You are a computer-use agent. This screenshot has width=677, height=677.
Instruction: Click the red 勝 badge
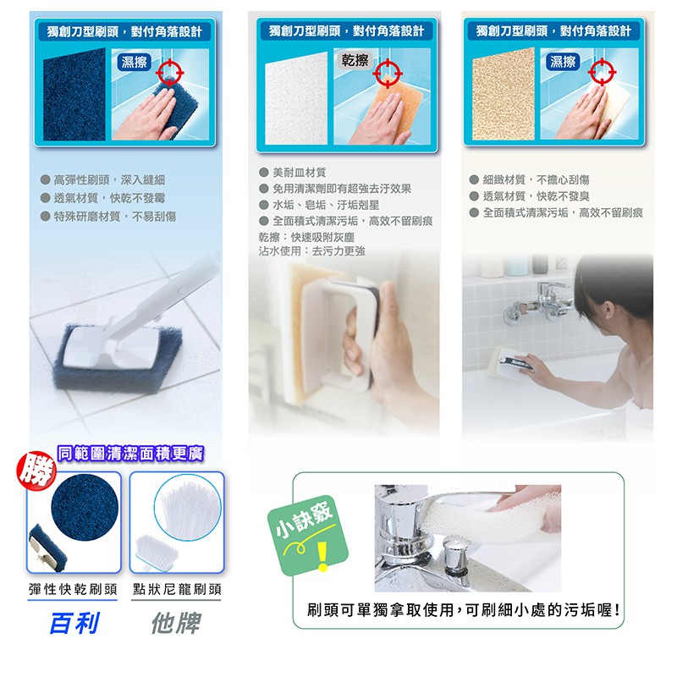(x=36, y=471)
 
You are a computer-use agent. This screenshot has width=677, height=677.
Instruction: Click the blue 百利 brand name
(x=74, y=623)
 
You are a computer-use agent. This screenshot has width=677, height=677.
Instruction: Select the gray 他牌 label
(x=176, y=623)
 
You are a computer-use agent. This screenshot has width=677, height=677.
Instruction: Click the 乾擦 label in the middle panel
(x=355, y=60)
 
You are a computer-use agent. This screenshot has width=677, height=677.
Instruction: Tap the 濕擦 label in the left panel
(x=134, y=62)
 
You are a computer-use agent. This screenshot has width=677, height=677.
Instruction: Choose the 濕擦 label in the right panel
(x=563, y=61)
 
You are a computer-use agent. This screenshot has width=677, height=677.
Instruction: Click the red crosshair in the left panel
(x=170, y=72)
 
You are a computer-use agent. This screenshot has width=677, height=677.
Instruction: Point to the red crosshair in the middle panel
(x=388, y=73)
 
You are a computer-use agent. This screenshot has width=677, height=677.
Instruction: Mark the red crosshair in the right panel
(x=602, y=72)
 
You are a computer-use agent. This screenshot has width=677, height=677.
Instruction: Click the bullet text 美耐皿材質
(x=300, y=173)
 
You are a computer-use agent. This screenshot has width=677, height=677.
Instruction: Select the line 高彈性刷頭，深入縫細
(x=109, y=179)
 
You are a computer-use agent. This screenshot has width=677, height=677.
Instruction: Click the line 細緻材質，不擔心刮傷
(x=536, y=179)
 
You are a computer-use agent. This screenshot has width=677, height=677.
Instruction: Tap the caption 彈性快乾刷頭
(x=73, y=589)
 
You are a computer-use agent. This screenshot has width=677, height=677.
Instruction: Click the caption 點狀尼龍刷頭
(x=177, y=589)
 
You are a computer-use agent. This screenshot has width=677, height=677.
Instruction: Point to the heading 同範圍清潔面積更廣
(x=130, y=454)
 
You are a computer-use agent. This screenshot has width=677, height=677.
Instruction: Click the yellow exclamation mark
(x=322, y=556)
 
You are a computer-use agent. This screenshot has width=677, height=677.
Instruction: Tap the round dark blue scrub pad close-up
(x=85, y=507)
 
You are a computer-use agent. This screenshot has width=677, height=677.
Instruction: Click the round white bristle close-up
(x=187, y=507)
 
